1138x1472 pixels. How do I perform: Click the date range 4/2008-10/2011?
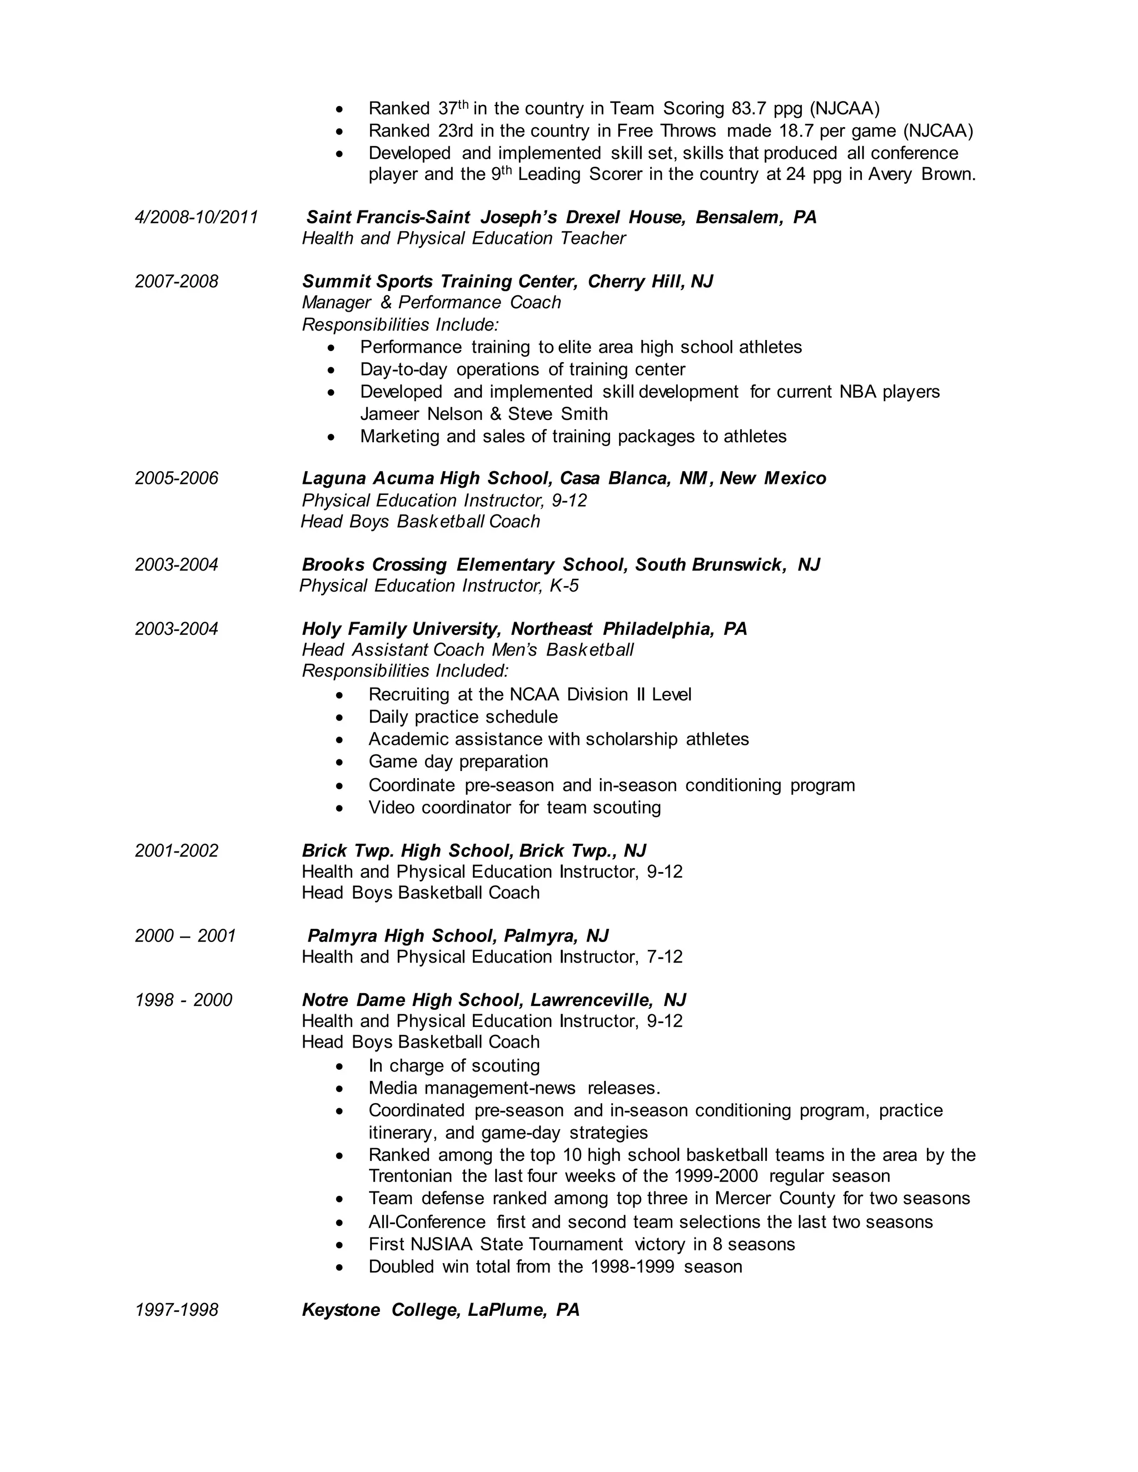coord(196,217)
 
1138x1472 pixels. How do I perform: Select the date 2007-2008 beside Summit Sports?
coord(177,281)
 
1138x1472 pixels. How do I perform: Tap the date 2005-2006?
coord(177,478)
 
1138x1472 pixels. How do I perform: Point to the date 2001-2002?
coord(177,850)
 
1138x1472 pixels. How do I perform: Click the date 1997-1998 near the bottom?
coord(177,1310)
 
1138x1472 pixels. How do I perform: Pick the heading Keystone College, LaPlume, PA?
coord(440,1310)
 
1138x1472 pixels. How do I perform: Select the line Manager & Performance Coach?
coord(431,303)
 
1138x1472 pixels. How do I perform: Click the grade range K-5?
coord(563,585)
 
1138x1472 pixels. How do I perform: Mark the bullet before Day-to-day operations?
coord(331,370)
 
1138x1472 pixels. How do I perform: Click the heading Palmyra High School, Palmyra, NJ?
coord(458,935)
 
